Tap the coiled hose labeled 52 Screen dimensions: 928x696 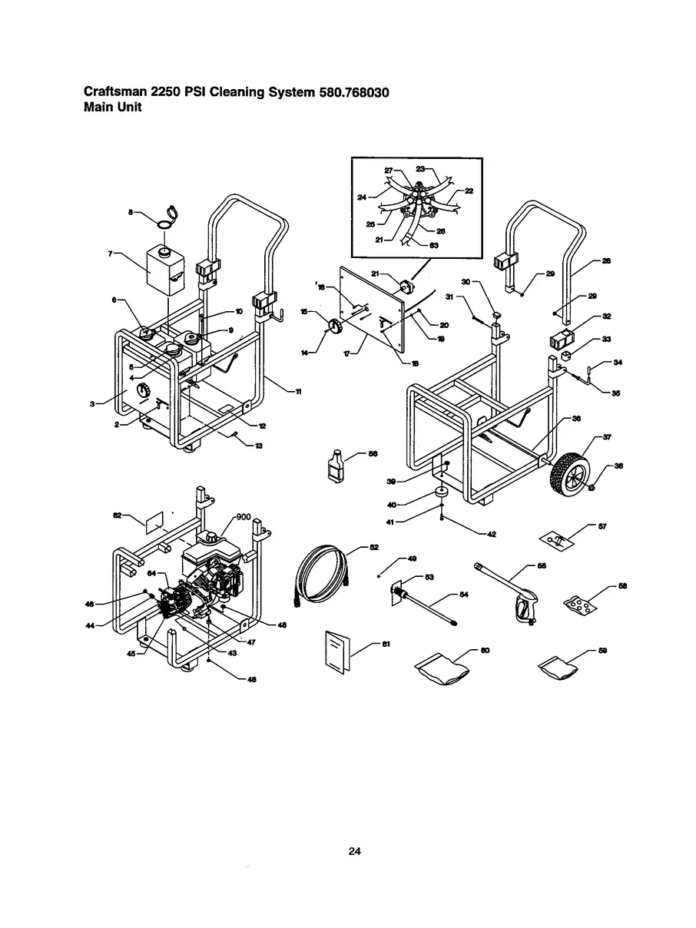pyautogui.click(x=319, y=572)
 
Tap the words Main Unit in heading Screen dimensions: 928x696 pyautogui.click(x=112, y=108)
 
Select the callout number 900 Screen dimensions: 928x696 pyautogui.click(x=244, y=516)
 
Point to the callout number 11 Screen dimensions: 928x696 pyautogui.click(x=298, y=392)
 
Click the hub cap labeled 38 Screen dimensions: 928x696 pyautogui.click(x=592, y=489)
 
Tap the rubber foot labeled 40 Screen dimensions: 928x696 pyautogui.click(x=443, y=492)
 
